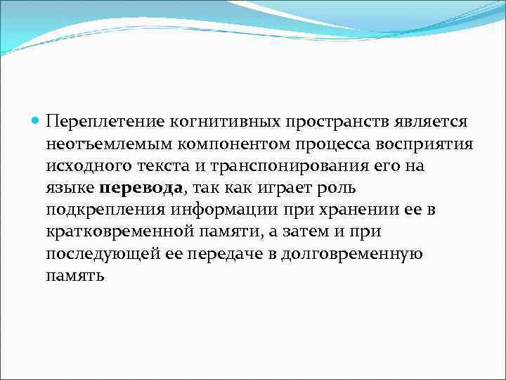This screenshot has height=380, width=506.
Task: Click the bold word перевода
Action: click(x=141, y=188)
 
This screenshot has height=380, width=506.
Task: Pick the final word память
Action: click(x=74, y=275)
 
